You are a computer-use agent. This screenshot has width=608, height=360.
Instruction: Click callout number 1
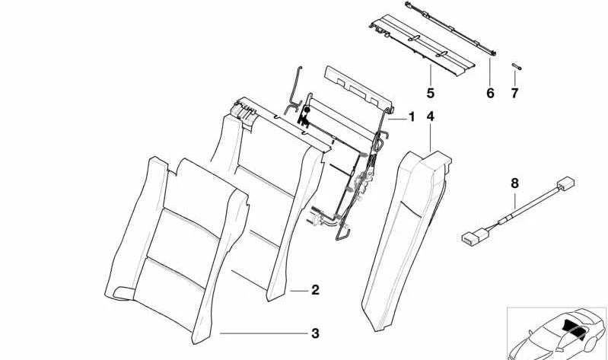412,117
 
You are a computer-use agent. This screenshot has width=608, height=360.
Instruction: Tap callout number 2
315,290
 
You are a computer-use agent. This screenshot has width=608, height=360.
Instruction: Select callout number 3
315,333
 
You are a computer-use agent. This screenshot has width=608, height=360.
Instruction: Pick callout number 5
430,93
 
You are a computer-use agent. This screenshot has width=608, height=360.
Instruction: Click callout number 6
490,93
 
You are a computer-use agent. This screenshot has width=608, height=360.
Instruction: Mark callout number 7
514,93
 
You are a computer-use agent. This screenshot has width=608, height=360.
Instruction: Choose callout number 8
514,183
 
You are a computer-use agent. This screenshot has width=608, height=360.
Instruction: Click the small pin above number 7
514,67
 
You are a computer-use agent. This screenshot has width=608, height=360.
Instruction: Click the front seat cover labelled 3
179,244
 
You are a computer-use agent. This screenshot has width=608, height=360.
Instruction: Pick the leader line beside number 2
298,290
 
